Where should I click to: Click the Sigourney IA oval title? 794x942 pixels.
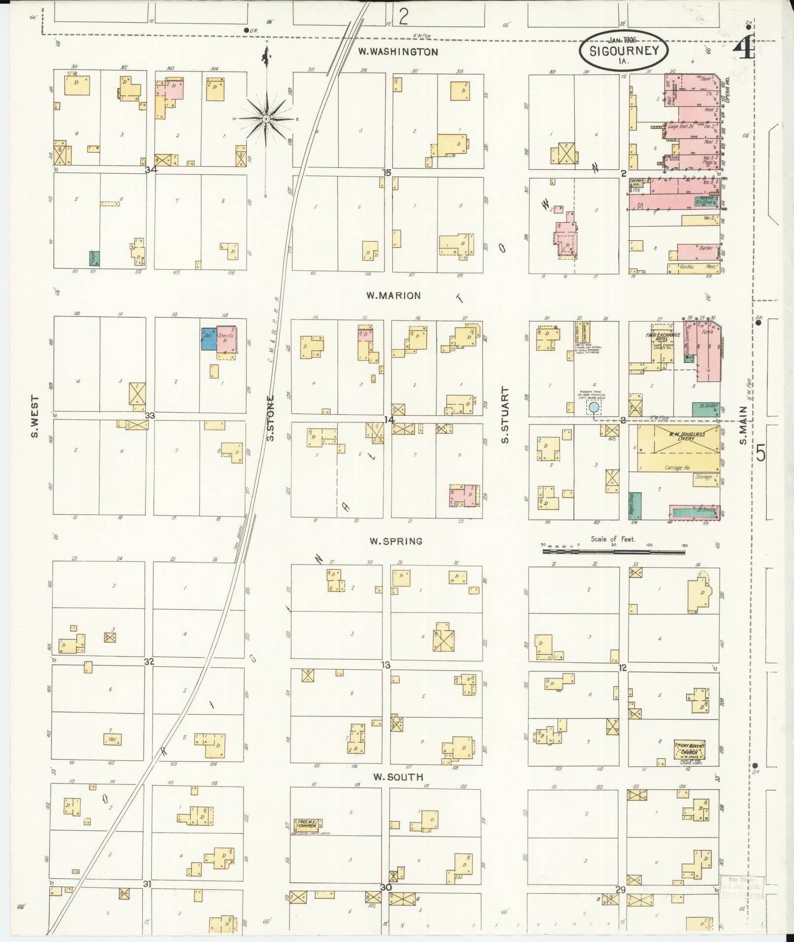tap(624, 52)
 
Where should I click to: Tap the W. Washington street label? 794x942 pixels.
tap(398, 52)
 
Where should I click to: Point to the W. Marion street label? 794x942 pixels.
tap(393, 295)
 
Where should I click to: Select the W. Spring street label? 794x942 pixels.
tap(396, 541)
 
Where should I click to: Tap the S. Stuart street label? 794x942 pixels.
tap(505, 415)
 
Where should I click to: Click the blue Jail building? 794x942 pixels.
tap(209, 339)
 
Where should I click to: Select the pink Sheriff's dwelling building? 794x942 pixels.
tap(227, 339)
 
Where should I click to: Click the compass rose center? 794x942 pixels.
tap(266, 119)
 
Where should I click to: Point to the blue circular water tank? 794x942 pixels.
tap(594, 407)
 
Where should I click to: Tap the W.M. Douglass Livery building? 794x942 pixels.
tap(678, 448)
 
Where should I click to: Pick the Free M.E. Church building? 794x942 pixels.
tap(308, 823)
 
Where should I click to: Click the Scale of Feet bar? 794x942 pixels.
tap(613, 552)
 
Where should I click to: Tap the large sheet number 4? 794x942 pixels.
tap(744, 49)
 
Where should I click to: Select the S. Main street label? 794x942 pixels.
tap(743, 424)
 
